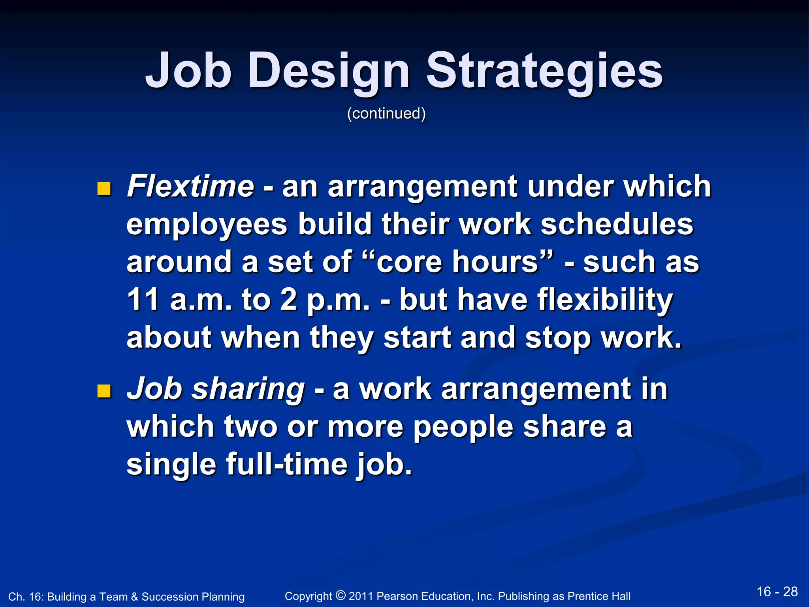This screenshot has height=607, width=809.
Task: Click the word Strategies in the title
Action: pos(544,71)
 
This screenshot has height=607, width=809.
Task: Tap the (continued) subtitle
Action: pos(386,114)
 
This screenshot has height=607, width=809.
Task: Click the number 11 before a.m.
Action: pos(143,300)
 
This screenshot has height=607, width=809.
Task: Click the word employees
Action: pos(207,224)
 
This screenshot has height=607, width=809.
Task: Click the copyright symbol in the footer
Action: pos(341,595)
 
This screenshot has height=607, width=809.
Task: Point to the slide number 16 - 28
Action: pos(777,592)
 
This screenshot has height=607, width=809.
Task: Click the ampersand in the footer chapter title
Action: pos(134,597)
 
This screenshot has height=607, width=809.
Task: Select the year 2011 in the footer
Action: pos(361,596)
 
